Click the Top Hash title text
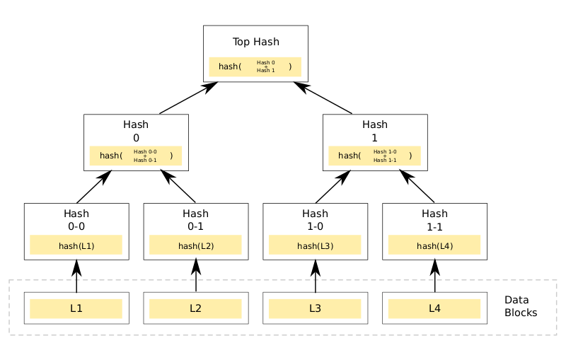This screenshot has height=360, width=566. (255, 42)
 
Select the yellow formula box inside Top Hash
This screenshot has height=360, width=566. (255, 66)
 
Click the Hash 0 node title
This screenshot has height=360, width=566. (136, 131)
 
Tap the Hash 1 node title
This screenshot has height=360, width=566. (375, 131)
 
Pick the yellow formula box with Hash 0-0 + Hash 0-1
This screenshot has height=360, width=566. (136, 156)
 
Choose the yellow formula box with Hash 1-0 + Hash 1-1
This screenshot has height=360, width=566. (375, 156)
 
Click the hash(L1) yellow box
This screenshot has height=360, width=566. (76, 245)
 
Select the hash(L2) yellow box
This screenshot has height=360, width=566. (196, 245)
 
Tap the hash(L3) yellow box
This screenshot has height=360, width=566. (315, 245)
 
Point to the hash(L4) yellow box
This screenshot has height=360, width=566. (434, 245)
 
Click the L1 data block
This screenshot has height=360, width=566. (76, 308)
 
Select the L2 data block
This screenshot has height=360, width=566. (196, 308)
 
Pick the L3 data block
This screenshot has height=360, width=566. (315, 308)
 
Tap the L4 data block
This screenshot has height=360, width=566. (434, 308)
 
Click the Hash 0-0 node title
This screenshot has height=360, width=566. (76, 220)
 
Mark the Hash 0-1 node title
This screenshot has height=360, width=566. (196, 220)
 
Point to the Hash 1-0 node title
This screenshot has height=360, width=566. (315, 220)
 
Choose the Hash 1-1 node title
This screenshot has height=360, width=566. (434, 220)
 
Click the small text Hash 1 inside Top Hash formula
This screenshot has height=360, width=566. (266, 71)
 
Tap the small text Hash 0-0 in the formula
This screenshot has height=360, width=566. (145, 151)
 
